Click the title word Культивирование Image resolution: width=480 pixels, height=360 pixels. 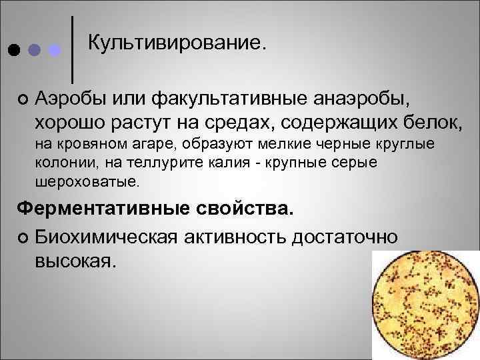(x=177, y=43)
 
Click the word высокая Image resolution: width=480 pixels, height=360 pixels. (x=75, y=260)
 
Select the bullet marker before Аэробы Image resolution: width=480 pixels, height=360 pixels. (x=24, y=99)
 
